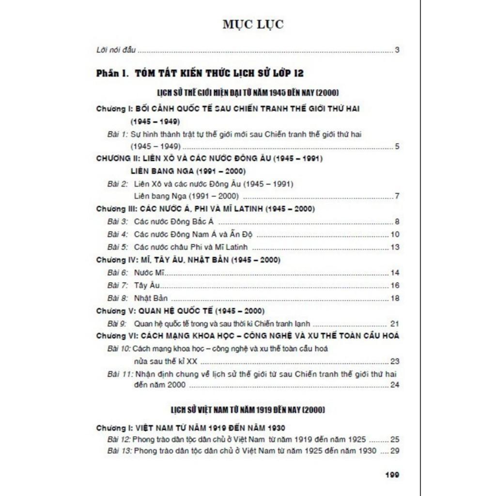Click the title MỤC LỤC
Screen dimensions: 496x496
pyautogui.click(x=253, y=25)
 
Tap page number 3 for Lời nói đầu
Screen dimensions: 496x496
pyautogui.click(x=397, y=50)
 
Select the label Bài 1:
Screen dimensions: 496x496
pyautogui.click(x=117, y=134)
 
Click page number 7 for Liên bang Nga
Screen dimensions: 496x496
pyautogui.click(x=397, y=196)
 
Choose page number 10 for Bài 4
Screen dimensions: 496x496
pyautogui.click(x=394, y=234)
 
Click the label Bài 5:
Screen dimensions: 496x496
pyautogui.click(x=118, y=247)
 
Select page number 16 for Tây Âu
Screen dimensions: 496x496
pyautogui.click(x=394, y=285)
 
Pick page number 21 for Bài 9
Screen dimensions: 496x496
pyautogui.click(x=394, y=324)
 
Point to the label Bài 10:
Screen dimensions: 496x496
pyautogui.click(x=119, y=349)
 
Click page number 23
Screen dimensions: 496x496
pyautogui.click(x=394, y=361)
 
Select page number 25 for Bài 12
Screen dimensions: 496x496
pyautogui.click(x=394, y=440)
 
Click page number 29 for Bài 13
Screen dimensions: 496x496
pyautogui.click(x=394, y=451)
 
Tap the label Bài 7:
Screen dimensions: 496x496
pyautogui.click(x=118, y=285)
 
